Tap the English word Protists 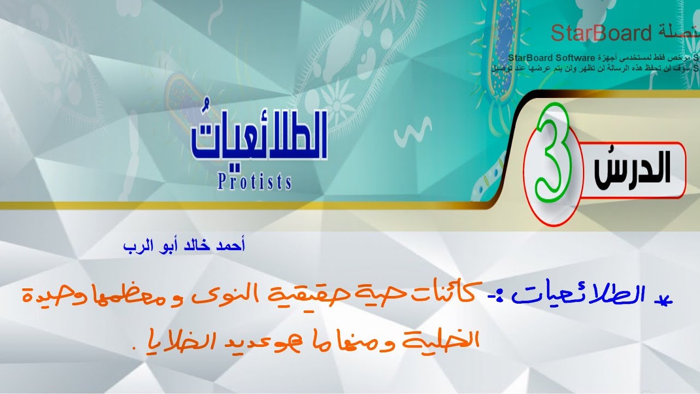pos(254,182)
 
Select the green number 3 pos(553,159)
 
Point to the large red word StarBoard pos(601,33)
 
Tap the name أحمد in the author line pos(231,245)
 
